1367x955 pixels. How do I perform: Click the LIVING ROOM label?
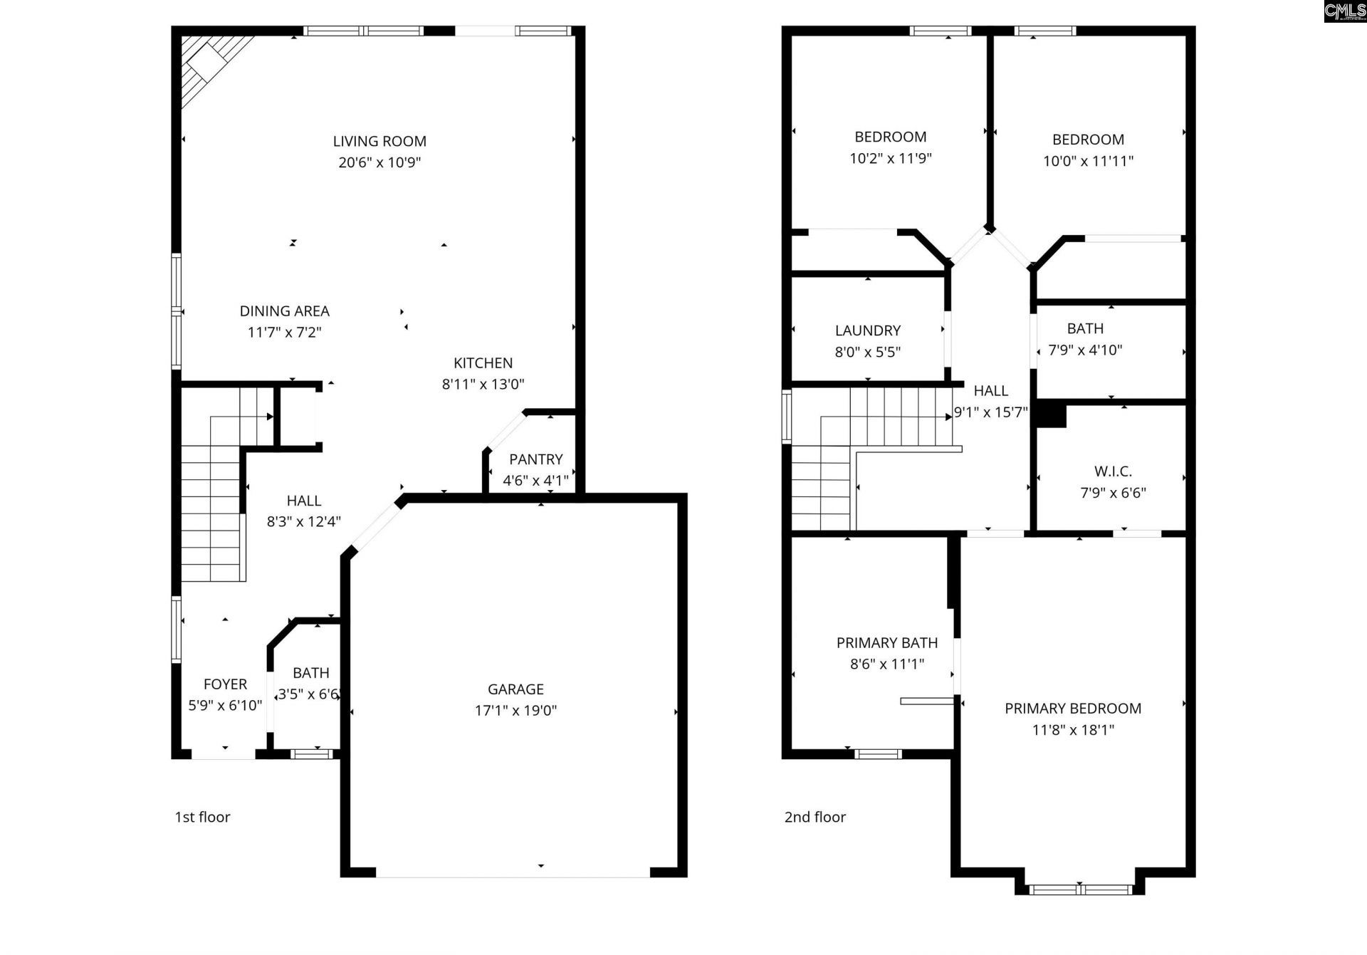379,141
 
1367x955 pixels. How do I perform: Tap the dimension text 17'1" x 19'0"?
515,710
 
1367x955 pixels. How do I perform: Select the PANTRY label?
535,459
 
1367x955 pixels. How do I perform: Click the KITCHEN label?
483,363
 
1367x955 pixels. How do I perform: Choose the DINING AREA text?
284,311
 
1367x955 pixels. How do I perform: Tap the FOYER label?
225,684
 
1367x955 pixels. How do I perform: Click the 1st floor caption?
202,817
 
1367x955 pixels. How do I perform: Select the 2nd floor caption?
815,817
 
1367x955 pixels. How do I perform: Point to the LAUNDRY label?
867,330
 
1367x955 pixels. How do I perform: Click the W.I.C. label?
1112,471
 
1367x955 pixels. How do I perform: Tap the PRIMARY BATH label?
886,643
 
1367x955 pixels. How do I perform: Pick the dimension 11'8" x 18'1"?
1073,729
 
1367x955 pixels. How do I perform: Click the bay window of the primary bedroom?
1080,889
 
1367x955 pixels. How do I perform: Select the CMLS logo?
1344,11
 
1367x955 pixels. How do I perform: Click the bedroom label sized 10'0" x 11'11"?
1088,140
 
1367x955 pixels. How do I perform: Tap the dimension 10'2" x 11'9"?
890,158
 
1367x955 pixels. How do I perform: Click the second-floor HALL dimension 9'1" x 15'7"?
990,412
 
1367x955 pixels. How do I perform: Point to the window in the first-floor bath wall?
312,753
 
